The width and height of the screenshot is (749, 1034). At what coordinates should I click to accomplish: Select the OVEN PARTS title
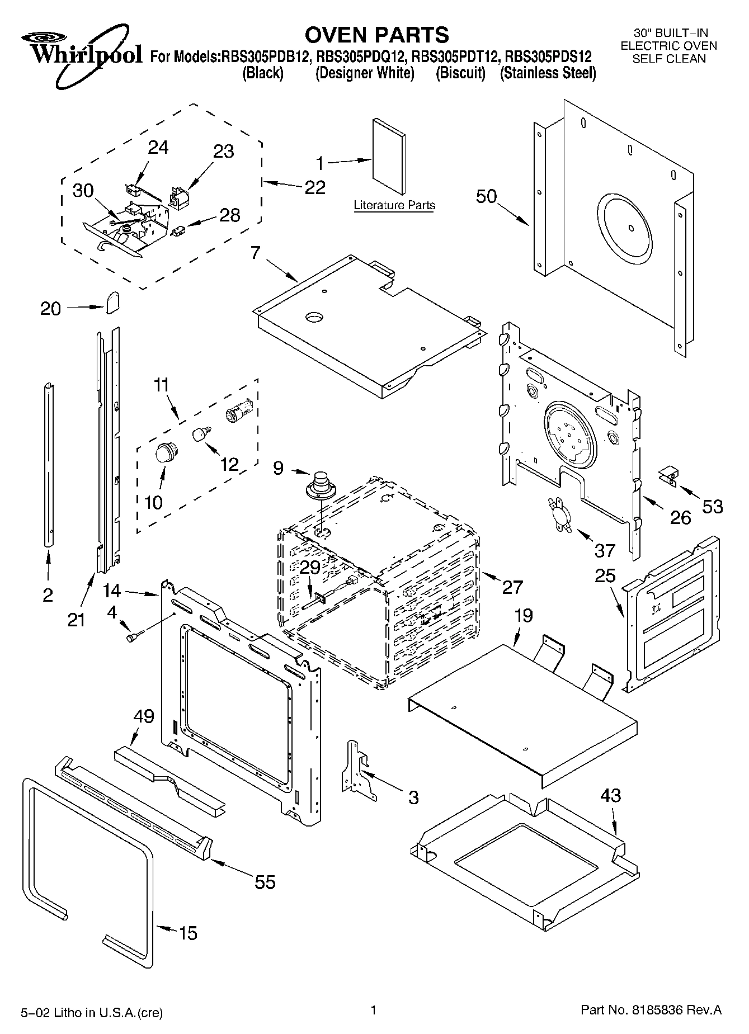[x=376, y=35]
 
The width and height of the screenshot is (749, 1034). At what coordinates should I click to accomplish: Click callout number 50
[x=486, y=196]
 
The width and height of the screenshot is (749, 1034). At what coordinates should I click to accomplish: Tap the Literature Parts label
[x=394, y=205]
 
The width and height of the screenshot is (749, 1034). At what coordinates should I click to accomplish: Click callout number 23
[x=223, y=152]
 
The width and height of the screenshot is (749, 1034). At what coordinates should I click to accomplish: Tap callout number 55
[x=265, y=882]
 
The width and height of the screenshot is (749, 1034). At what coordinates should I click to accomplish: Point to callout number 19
[x=524, y=616]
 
